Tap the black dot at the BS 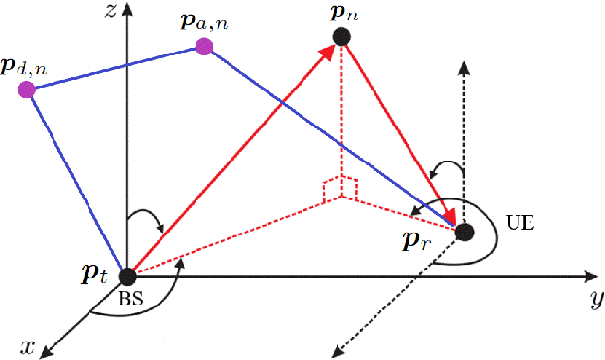pos(126,275)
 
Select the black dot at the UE pos(465,232)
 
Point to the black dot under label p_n pos(341,37)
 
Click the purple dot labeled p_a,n pos(204,47)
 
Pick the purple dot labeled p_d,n pos(26,90)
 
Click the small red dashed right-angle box pos(342,188)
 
